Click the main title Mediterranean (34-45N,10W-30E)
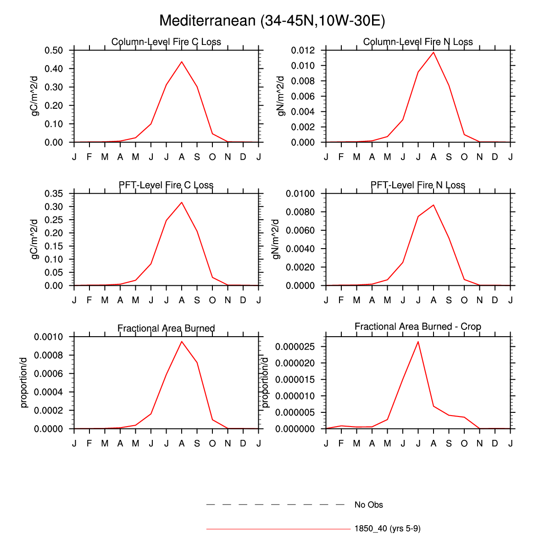272,21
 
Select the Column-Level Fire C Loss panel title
166,42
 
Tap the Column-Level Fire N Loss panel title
418,42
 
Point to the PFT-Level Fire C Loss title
166,185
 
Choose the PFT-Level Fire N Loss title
418,185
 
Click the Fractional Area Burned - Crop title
418,327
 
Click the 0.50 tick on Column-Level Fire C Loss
54,50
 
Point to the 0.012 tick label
303,50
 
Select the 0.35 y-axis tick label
54,194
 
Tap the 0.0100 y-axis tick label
300,194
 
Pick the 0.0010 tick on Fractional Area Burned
48,337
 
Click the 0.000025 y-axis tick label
295,347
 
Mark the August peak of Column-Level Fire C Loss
182,61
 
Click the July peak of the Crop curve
418,341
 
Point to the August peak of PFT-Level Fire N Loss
434,205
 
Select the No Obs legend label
368,505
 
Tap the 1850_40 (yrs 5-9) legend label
387,529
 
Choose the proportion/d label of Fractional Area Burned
24,383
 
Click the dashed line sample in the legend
275,505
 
